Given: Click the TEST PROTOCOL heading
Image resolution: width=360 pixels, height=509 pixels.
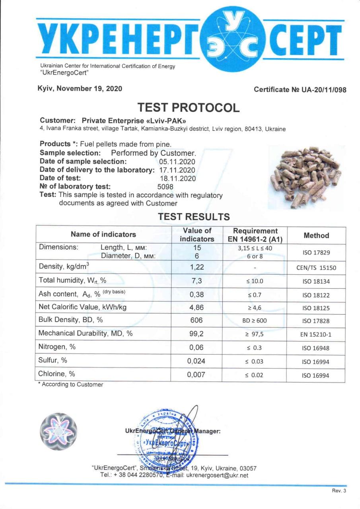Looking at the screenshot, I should (189, 107).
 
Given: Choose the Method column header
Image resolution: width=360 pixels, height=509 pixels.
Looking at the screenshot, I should (316, 235).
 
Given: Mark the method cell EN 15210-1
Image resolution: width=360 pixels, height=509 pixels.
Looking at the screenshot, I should (316, 334).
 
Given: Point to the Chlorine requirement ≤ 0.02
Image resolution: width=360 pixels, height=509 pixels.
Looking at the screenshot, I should (254, 375).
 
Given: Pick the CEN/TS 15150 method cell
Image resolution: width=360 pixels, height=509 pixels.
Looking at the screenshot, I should (316, 268).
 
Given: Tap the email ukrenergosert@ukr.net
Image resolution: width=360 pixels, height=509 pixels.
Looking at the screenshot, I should (217, 475).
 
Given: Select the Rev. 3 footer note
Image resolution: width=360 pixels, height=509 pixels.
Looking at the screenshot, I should (339, 491).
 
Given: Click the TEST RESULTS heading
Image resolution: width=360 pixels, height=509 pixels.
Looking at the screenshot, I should (194, 217).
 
